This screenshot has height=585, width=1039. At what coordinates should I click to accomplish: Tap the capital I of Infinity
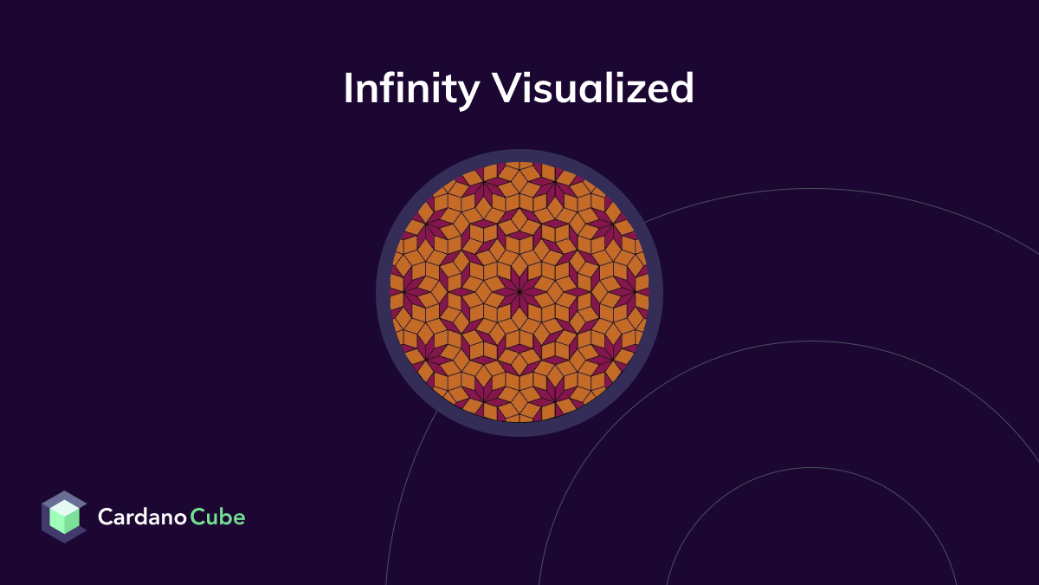point(349,88)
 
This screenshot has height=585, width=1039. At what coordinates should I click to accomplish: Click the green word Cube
point(218,517)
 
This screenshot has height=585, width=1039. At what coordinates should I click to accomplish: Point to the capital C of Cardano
point(106,517)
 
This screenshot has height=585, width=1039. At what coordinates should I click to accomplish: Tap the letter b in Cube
point(226,517)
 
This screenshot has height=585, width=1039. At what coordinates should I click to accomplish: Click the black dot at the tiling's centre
point(519,292)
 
